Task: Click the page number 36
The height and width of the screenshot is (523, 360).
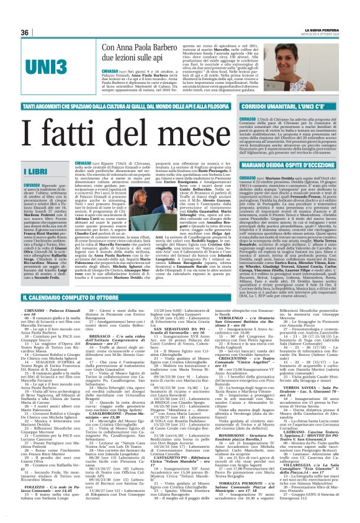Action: pos(25,32)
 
